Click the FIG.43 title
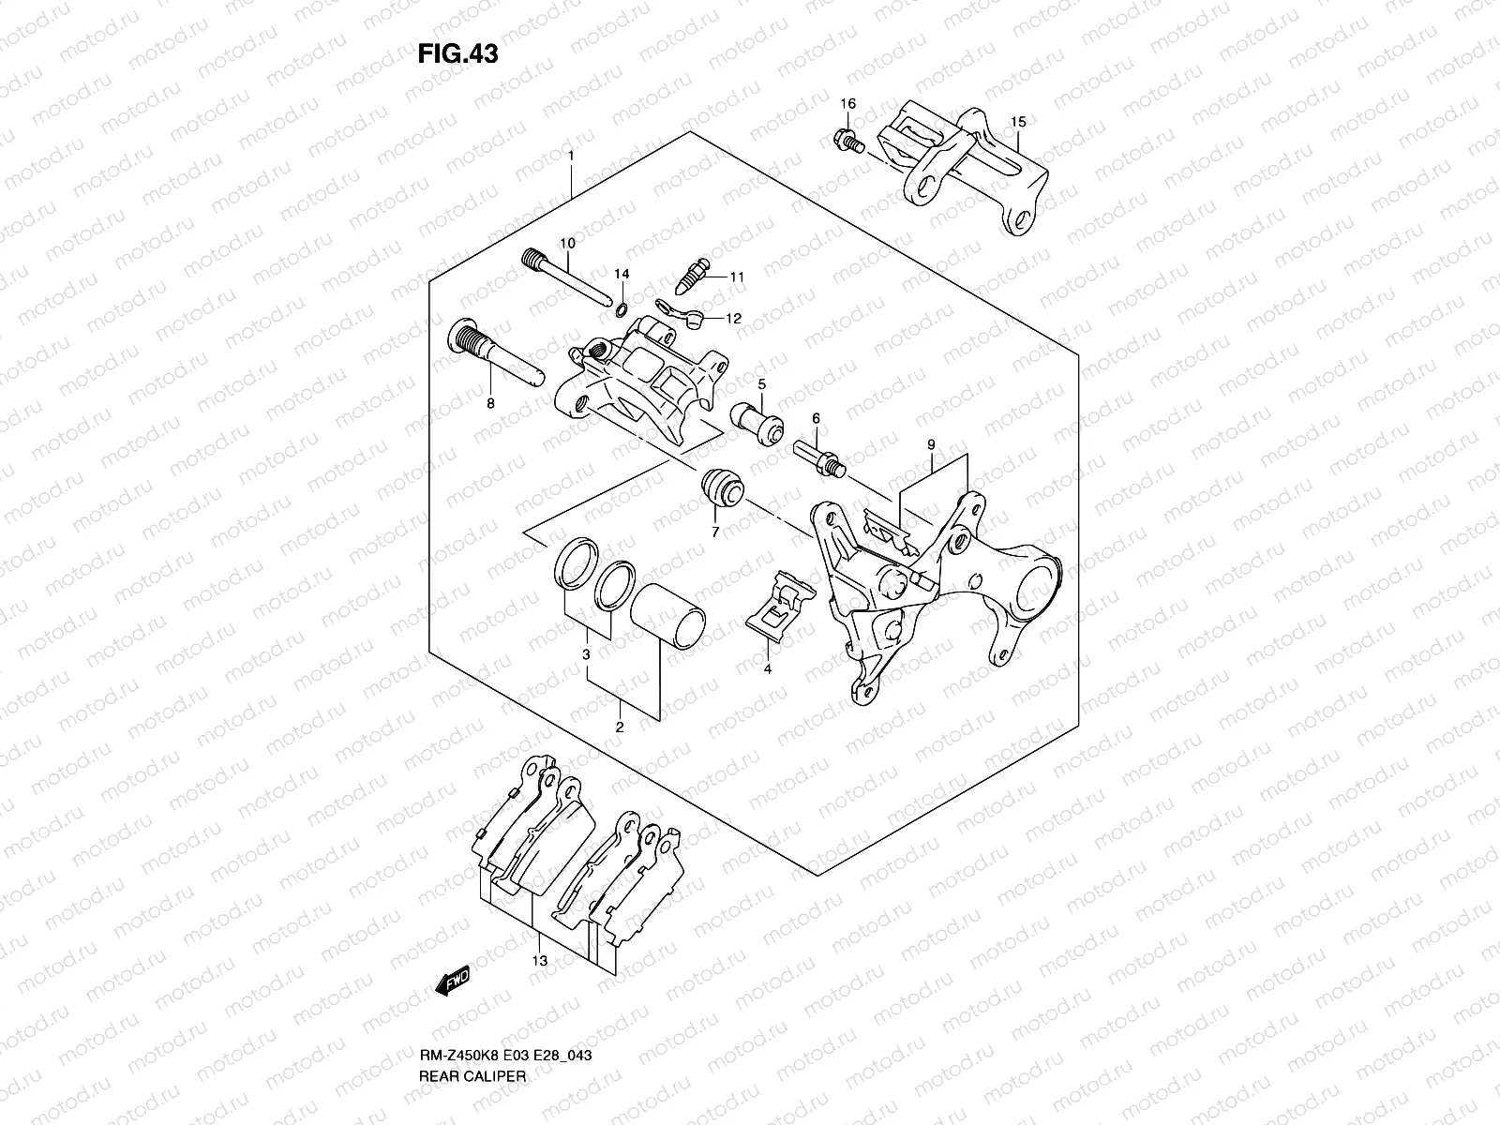457,53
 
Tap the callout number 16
847,103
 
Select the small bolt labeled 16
846,142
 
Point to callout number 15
1018,122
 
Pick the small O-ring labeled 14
621,308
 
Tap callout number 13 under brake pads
540,961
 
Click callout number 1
570,155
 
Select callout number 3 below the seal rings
585,654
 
